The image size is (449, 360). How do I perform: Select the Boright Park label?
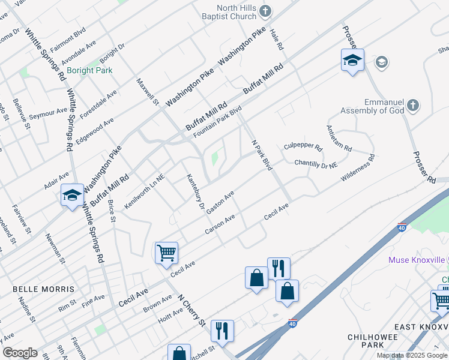pos(90,70)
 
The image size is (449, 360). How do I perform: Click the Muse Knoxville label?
pos(415,260)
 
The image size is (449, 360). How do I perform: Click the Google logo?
pos(20,353)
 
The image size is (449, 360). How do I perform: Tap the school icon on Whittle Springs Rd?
pos(72,195)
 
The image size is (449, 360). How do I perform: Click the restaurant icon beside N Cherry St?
pos(222,330)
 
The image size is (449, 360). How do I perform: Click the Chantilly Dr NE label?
pos(316,163)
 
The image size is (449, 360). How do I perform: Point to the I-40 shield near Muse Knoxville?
pos(402,227)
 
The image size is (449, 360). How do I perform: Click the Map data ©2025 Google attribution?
pos(412,355)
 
